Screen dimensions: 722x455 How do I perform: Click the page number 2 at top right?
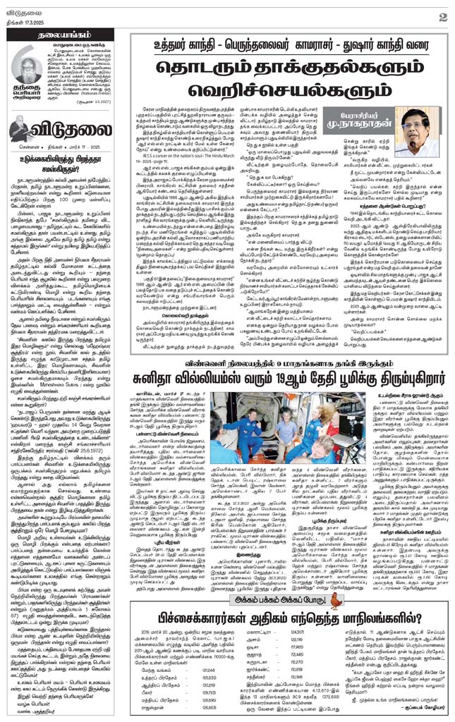441,16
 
